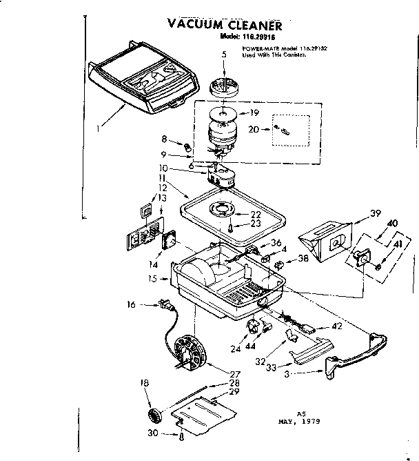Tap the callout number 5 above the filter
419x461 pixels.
tap(223, 54)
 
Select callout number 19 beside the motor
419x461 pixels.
tap(254, 112)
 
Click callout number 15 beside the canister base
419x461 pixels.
tap(152, 279)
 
